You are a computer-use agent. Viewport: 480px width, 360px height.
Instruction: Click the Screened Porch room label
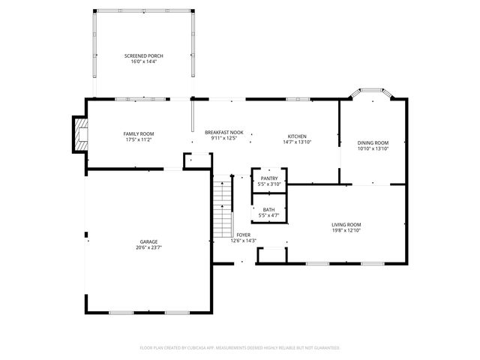pos(143,56)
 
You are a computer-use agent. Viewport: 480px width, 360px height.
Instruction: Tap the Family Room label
pos(138,133)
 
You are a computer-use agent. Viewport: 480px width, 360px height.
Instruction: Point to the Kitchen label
pos(298,136)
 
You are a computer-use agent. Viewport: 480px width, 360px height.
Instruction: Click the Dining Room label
pos(373,142)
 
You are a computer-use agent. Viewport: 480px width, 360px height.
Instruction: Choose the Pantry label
pos(268,178)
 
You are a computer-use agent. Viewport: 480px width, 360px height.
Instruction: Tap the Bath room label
pos(268,210)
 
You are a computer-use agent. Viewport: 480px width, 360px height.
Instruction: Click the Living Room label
pos(346,225)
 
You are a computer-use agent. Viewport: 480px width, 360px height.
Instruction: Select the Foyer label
pos(243,235)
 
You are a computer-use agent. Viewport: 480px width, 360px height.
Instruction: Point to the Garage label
pos(148,241)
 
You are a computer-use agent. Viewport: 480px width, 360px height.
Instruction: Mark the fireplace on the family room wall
pos(79,133)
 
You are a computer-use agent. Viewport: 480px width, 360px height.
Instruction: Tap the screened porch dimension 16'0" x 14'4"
pos(143,61)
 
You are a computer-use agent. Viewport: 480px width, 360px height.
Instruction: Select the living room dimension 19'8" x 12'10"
pos(346,230)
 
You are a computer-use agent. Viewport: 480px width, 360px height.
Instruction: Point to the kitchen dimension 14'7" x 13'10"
pos(298,142)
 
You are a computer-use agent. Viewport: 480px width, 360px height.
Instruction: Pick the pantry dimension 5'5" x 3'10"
pos(268,184)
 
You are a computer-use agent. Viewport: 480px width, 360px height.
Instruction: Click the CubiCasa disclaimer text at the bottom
pos(240,348)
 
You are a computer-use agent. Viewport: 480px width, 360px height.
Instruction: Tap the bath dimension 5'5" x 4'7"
pos(268,215)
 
